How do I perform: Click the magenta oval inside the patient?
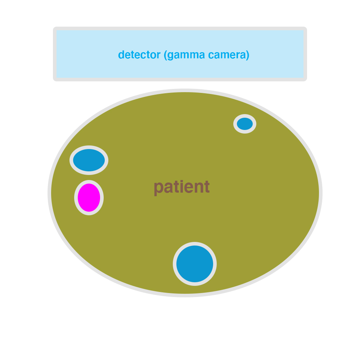(89, 197)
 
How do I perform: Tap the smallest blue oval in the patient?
(245, 124)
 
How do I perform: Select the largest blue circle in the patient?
(195, 264)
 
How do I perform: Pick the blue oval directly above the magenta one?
(89, 160)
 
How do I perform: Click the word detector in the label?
(139, 55)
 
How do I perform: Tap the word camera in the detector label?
(227, 55)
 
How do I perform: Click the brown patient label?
(181, 187)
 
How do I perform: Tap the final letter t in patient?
(207, 187)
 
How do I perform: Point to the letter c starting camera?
(211, 55)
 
